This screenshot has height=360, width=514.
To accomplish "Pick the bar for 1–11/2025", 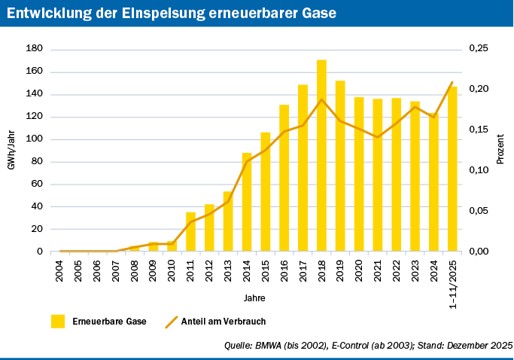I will point(452,169).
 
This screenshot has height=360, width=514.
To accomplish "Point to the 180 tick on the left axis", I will point(35,49).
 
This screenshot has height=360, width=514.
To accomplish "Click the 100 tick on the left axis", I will point(35,139).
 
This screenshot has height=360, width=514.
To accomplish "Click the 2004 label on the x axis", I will point(60,272).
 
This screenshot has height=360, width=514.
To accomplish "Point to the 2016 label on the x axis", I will point(284,272).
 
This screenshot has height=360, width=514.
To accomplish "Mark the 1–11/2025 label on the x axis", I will point(452,280).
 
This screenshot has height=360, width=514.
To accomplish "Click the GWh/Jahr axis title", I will point(11,150).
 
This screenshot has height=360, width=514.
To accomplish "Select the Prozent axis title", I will point(500,150).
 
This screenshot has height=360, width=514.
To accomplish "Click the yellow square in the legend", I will point(58,322).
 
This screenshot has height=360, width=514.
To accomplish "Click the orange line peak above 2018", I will point(321,99).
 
